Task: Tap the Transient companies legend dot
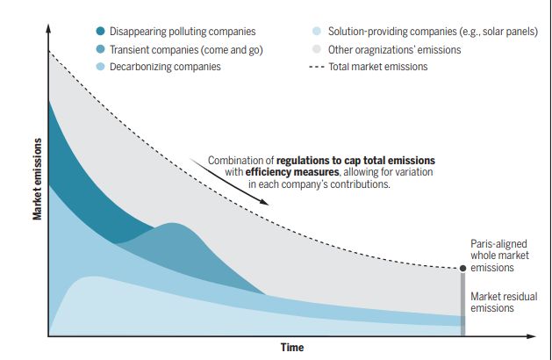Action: click(x=101, y=49)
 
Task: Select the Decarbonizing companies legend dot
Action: click(x=101, y=66)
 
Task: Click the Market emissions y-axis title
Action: click(x=38, y=179)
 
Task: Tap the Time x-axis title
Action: click(x=292, y=348)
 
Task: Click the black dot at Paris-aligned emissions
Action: click(x=463, y=268)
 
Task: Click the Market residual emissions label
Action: click(x=504, y=302)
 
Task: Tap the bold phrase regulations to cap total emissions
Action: click(x=355, y=161)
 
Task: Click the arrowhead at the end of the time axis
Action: click(x=536, y=335)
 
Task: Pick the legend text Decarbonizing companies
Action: click(x=165, y=66)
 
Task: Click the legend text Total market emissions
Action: click(x=378, y=66)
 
